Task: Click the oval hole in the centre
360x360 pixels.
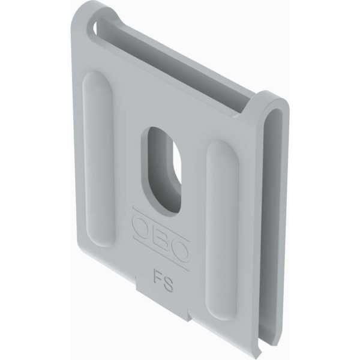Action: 161,170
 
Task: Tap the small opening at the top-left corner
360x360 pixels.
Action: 95,29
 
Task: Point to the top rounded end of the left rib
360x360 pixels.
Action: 97,78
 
